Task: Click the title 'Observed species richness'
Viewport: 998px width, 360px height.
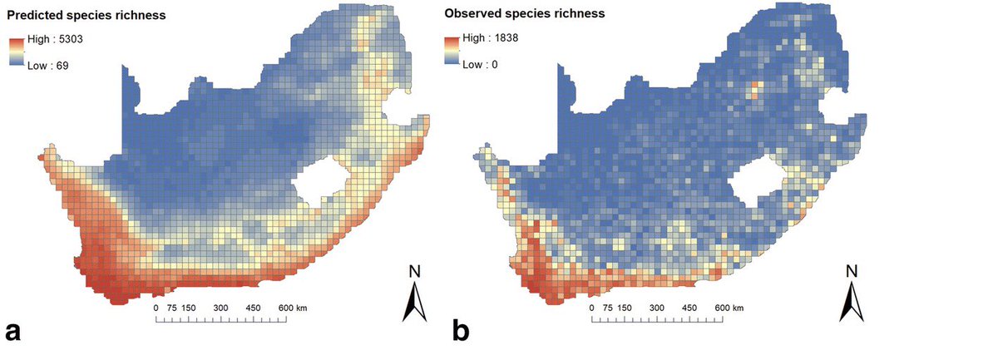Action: click(524, 14)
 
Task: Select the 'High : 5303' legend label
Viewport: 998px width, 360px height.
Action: click(52, 40)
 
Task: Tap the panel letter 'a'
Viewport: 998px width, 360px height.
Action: click(12, 332)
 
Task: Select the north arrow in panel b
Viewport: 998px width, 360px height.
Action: click(850, 302)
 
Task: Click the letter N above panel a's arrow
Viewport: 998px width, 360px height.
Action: click(413, 271)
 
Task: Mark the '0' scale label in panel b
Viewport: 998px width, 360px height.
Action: click(591, 308)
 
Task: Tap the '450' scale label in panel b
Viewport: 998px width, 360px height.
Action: click(689, 308)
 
